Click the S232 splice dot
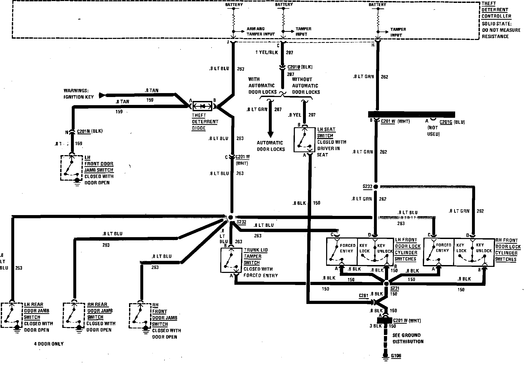231,217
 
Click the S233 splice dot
376,186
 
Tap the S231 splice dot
386,284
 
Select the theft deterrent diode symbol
202,106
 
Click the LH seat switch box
305,140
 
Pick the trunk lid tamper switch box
231,260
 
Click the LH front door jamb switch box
71,167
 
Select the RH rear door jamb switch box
74,315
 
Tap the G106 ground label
396,356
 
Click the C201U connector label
294,67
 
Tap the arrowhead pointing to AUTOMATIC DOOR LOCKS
270,134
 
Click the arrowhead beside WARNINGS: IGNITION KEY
102,95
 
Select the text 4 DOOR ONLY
49,344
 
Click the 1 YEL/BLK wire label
266,52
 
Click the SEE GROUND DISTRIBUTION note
408,338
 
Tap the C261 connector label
363,296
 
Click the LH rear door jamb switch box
12,315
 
